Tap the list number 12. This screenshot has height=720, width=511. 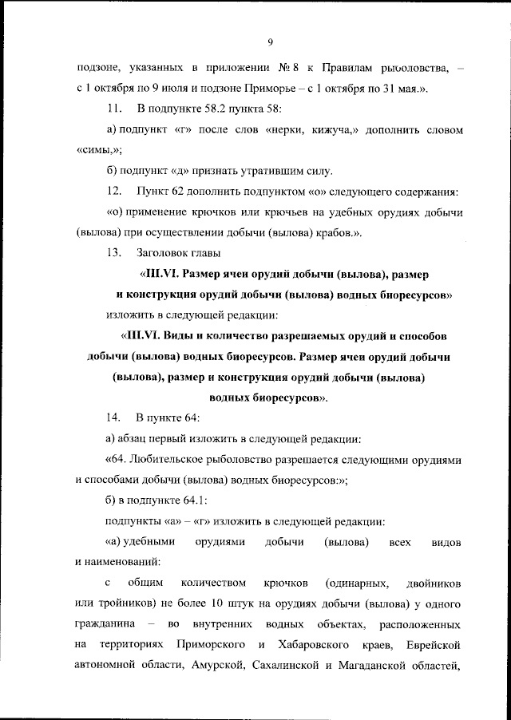click(113, 192)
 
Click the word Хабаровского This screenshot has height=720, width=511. click(313, 647)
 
